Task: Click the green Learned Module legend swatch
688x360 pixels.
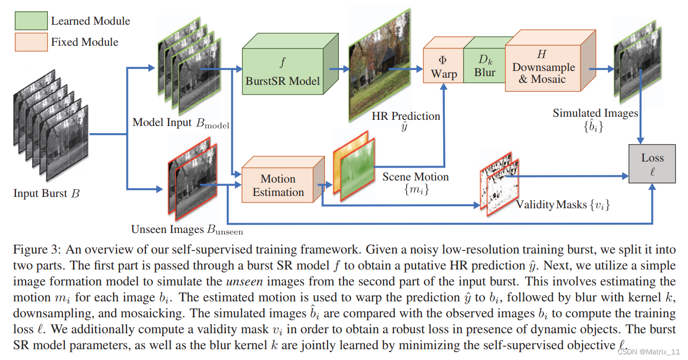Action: [31, 21]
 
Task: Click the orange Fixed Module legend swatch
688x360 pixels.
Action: [31, 42]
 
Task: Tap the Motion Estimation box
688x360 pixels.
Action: [278, 186]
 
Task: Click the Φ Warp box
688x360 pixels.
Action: [443, 67]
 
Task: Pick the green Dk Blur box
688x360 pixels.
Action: [484, 66]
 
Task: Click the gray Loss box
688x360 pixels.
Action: [652, 164]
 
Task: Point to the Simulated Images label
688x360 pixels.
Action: [595, 113]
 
